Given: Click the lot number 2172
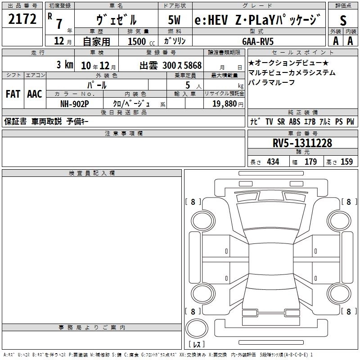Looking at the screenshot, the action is (x=23, y=18).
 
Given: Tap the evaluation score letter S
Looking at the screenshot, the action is (x=343, y=20).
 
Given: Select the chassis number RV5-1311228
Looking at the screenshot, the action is (x=302, y=143).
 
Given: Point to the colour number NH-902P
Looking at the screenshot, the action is (x=75, y=103).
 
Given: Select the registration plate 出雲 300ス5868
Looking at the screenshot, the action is (x=171, y=65).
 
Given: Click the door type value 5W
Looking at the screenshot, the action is (x=175, y=20).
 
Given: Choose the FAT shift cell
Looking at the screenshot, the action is (x=13, y=94).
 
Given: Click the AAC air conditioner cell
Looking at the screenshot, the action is (x=35, y=94).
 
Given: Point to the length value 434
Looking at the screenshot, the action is (x=273, y=162).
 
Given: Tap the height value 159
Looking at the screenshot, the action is (x=346, y=162).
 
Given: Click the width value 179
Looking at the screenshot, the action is (x=310, y=162).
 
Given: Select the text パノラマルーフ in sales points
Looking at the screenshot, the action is (x=271, y=82).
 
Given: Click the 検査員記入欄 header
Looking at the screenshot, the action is (x=92, y=173).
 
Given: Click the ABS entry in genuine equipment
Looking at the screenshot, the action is (x=295, y=121).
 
